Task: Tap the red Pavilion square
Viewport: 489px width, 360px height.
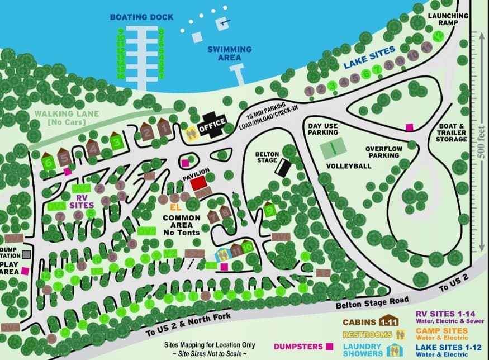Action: pyautogui.click(x=201, y=183)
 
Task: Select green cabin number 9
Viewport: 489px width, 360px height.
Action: pyautogui.click(x=270, y=210)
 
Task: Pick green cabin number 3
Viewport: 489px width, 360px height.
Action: pyautogui.click(x=116, y=141)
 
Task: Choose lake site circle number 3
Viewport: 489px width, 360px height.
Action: pyautogui.click(x=331, y=85)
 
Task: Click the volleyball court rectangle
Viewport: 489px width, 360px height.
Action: pyautogui.click(x=332, y=149)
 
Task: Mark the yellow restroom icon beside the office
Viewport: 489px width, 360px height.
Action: pyautogui.click(x=191, y=132)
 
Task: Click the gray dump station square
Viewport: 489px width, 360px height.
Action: pyautogui.click(x=26, y=254)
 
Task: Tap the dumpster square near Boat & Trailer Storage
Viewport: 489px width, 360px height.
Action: pyautogui.click(x=409, y=127)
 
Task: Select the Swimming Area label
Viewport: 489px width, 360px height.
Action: pyautogui.click(x=225, y=53)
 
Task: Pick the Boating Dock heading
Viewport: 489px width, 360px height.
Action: pyautogui.click(x=142, y=17)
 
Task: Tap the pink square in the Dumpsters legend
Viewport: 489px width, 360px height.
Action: pyautogui.click(x=330, y=346)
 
